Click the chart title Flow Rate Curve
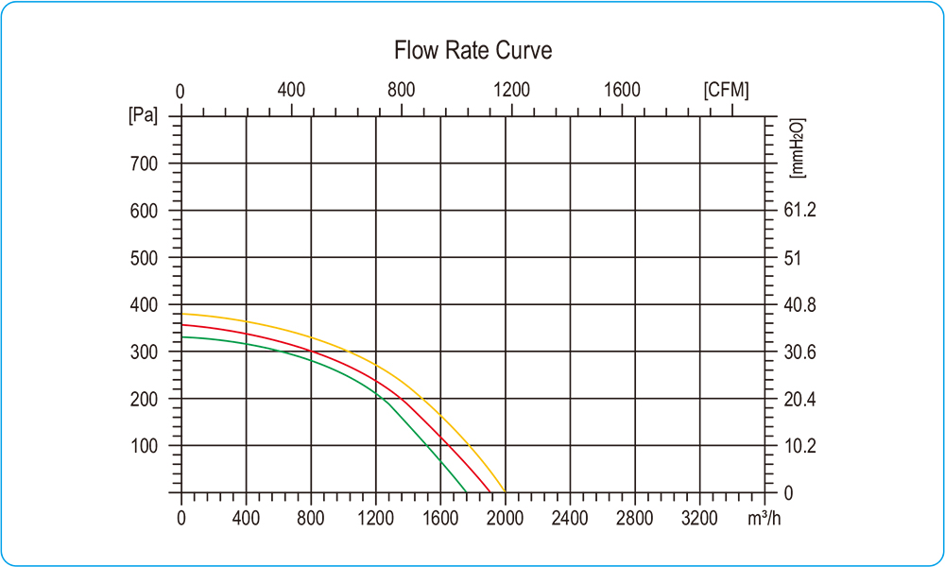[x=472, y=50]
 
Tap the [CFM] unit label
[x=726, y=91]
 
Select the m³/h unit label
[x=764, y=518]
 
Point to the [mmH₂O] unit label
[x=796, y=148]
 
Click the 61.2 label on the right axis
[x=799, y=210]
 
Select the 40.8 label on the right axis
[x=801, y=304]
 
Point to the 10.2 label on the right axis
[x=800, y=445]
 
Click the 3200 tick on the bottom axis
[x=699, y=518]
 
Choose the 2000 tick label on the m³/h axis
[x=505, y=518]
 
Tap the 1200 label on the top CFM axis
[x=511, y=91]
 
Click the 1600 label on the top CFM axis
[x=622, y=91]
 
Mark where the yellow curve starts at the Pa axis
[x=182, y=314]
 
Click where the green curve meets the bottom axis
[x=467, y=491]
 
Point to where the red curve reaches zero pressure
[x=490, y=491]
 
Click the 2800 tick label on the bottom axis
[x=634, y=518]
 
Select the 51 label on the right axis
[x=794, y=257]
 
